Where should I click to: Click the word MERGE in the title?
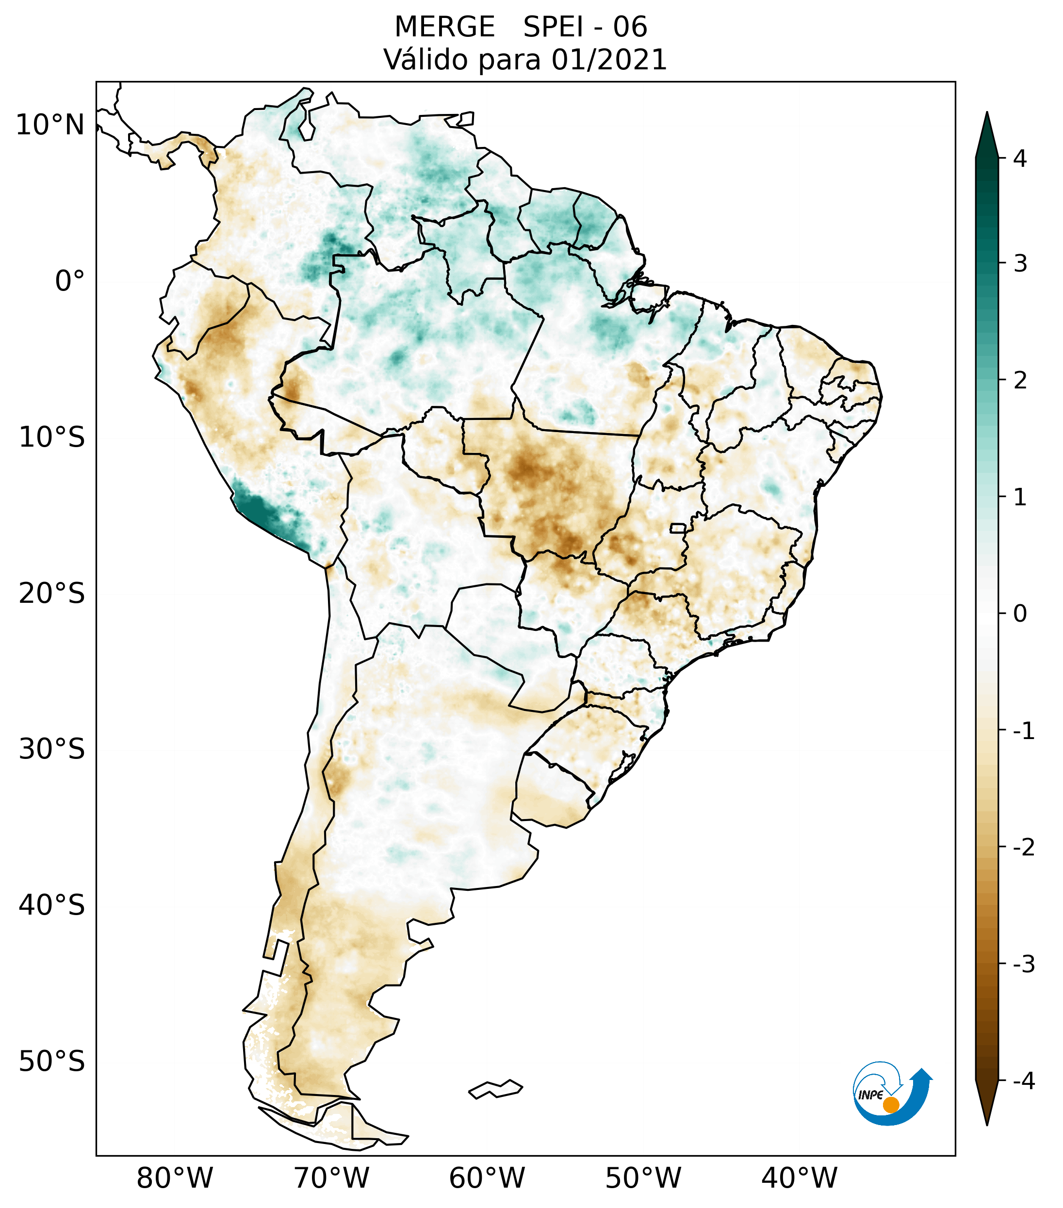pos(444,27)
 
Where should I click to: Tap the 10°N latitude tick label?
pos(49,125)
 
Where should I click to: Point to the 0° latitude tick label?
pos(70,281)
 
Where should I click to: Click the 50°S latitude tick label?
pos(52,1062)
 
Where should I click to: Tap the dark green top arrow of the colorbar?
pos(986,136)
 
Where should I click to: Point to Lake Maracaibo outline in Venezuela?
pos(306,124)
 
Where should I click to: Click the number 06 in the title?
pos(630,27)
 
